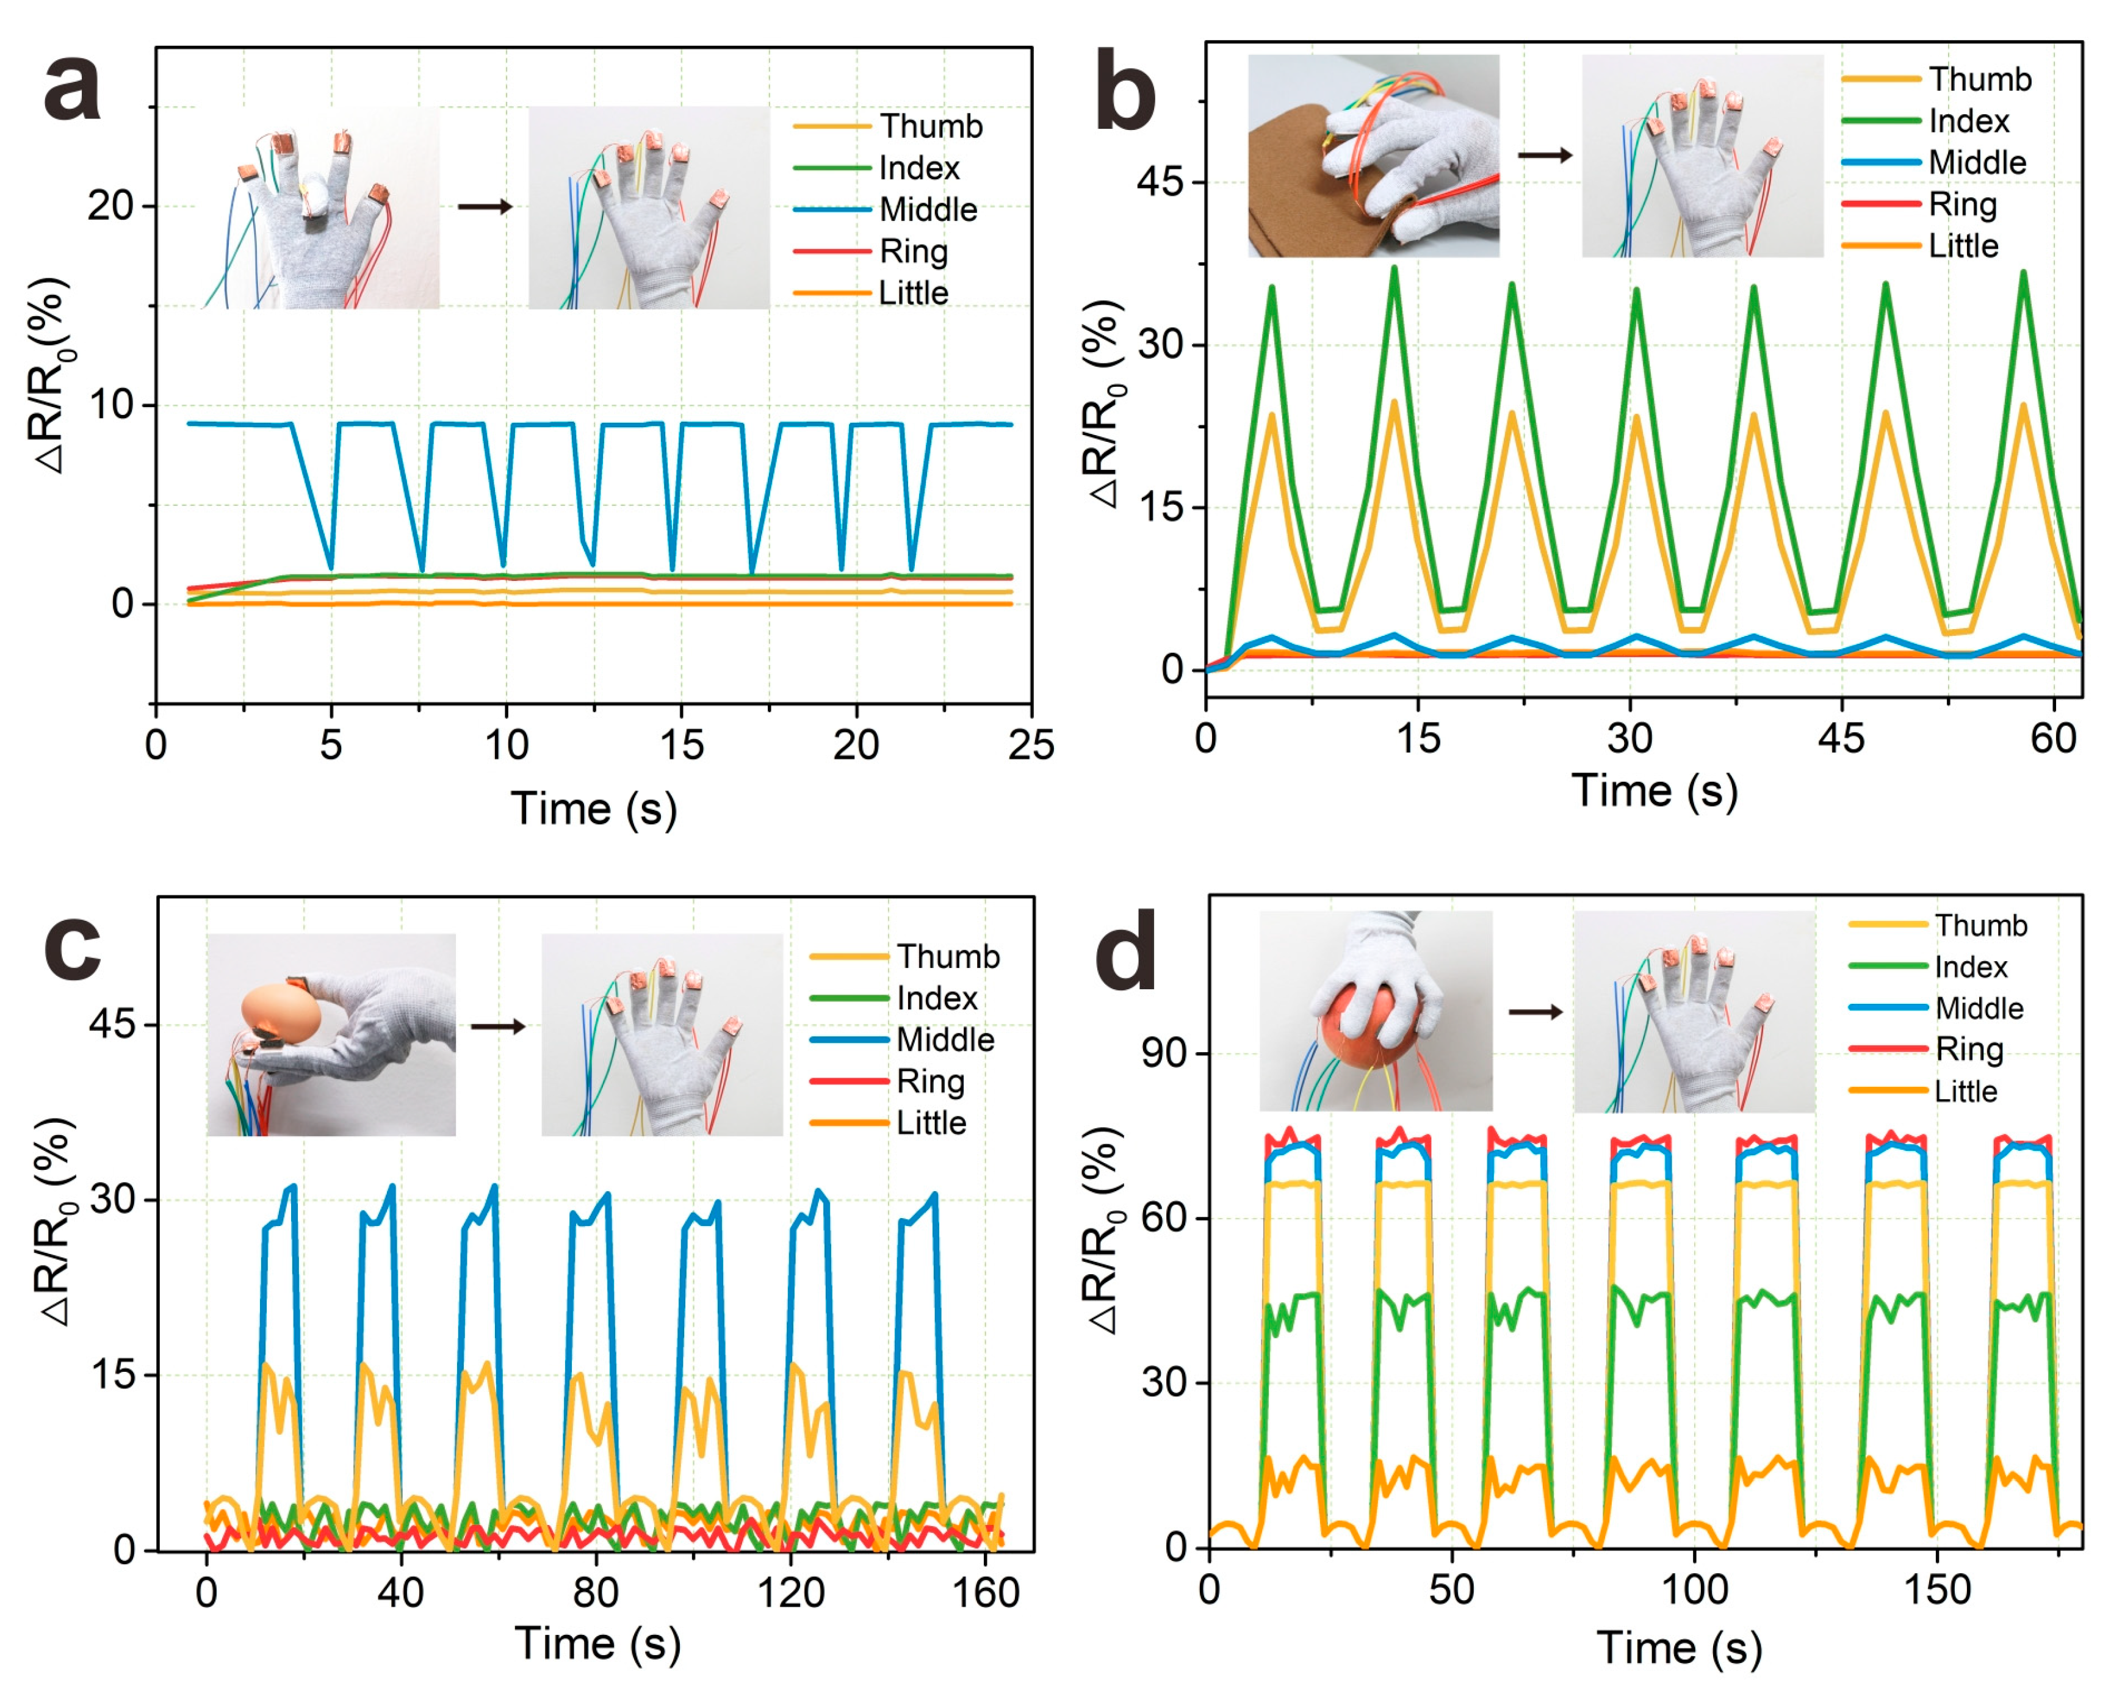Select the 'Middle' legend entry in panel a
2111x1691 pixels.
pyautogui.click(x=927, y=209)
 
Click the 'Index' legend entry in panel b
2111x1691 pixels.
pyautogui.click(x=1968, y=121)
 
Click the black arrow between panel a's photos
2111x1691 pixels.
pyautogui.click(x=485, y=207)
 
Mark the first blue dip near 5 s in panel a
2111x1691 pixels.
pyautogui.click(x=331, y=566)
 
